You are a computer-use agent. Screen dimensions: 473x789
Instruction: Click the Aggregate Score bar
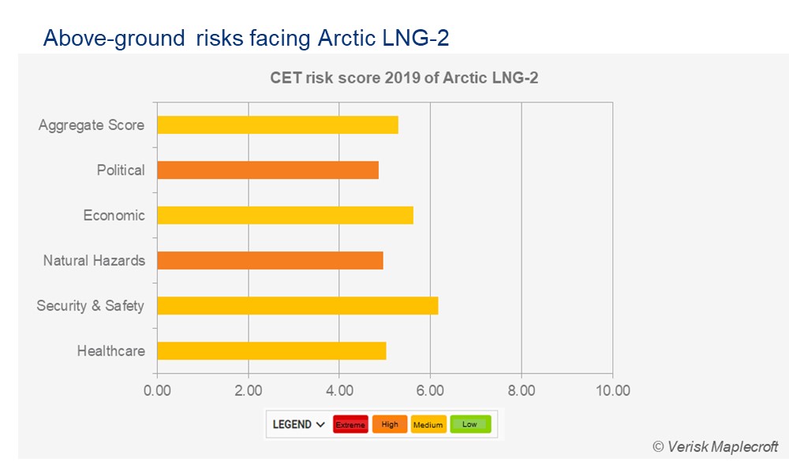[x=277, y=125]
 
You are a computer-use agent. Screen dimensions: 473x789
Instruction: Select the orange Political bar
[x=267, y=170]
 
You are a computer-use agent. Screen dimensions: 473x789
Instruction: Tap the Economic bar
[x=285, y=215]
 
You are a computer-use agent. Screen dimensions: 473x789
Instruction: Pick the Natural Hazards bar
[x=270, y=260]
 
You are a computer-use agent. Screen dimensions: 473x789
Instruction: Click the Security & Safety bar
[x=297, y=305]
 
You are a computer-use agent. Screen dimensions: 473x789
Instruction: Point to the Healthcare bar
[x=271, y=351]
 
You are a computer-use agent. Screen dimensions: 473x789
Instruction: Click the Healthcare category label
[x=110, y=351]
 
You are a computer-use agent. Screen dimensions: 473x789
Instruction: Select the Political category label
[x=121, y=170]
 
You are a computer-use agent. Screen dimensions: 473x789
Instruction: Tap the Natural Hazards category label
[x=94, y=260]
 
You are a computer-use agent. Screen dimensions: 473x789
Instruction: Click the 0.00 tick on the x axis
[x=157, y=390]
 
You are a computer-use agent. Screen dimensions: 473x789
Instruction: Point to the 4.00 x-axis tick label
[x=339, y=390]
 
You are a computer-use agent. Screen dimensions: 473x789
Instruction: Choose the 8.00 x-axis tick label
[x=522, y=390]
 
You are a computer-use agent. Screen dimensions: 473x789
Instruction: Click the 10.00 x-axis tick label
[x=612, y=390]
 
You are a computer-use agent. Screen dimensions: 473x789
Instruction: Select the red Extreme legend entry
[x=350, y=424]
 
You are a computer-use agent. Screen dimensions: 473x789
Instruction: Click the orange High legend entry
[x=390, y=424]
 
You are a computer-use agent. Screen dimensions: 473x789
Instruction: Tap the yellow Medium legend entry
[x=428, y=424]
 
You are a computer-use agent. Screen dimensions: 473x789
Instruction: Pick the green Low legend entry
[x=470, y=424]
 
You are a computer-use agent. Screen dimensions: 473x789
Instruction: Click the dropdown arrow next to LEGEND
[x=320, y=424]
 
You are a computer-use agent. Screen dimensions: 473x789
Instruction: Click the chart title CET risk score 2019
[x=404, y=78]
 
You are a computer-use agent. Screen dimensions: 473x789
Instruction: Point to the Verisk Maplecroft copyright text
[x=715, y=446]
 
